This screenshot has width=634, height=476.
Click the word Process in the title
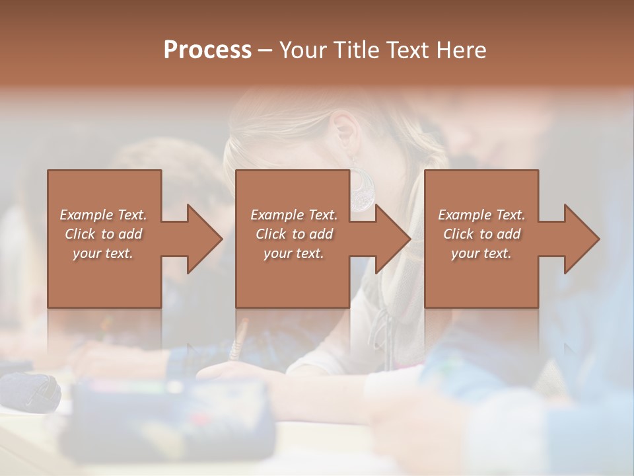207,50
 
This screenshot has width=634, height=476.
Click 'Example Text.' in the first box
103,215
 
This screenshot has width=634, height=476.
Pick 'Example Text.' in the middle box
293,215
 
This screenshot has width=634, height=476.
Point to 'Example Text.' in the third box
481,215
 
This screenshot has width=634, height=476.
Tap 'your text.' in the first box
103,253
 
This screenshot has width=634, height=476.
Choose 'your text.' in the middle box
293,253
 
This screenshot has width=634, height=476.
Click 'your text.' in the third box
481,253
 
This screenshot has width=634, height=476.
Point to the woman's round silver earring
361,192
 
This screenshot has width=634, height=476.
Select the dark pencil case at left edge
30,390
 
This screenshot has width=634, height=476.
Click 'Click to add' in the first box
103,234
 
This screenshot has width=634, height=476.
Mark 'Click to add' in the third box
481,234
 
